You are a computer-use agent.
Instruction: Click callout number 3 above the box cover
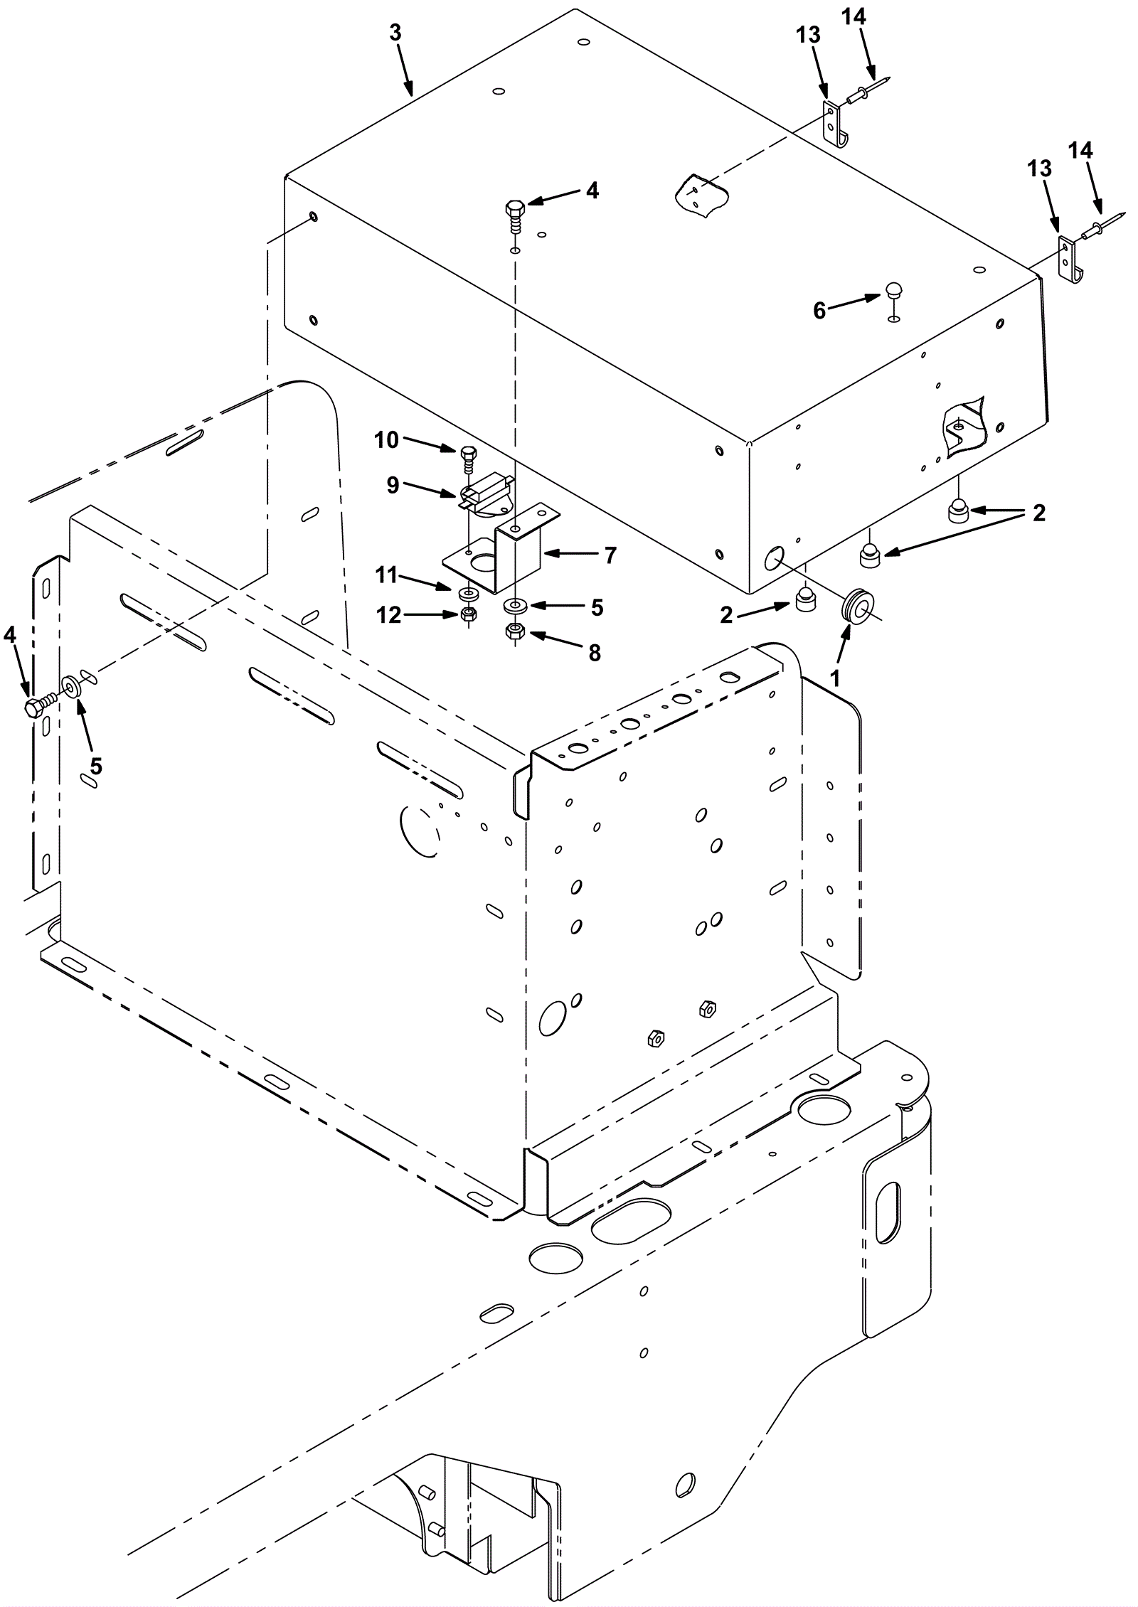click(x=395, y=32)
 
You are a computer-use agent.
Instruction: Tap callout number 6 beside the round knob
click(x=819, y=311)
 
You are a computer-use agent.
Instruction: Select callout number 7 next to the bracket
click(x=610, y=555)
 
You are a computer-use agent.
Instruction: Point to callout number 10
click(x=387, y=441)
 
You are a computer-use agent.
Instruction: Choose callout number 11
click(x=386, y=575)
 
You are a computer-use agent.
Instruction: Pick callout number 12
click(x=389, y=615)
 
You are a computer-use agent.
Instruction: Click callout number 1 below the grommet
click(x=836, y=678)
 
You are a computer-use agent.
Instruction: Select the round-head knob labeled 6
click(x=893, y=290)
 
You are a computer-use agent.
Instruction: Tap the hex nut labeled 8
click(x=514, y=631)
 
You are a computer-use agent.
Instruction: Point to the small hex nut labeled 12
click(x=469, y=614)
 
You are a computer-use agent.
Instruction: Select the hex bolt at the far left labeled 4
click(x=41, y=704)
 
